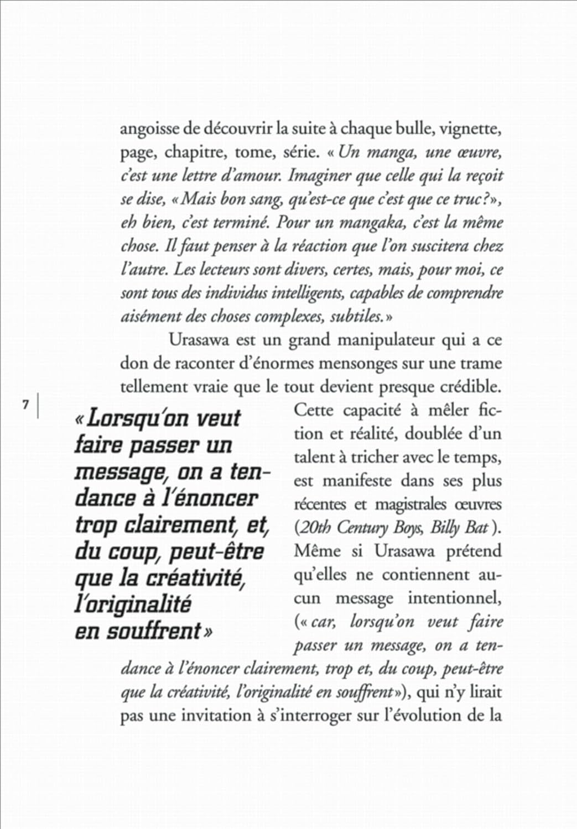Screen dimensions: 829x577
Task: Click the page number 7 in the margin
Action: pyautogui.click(x=25, y=405)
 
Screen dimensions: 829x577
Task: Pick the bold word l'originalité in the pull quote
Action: pyautogui.click(x=133, y=604)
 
